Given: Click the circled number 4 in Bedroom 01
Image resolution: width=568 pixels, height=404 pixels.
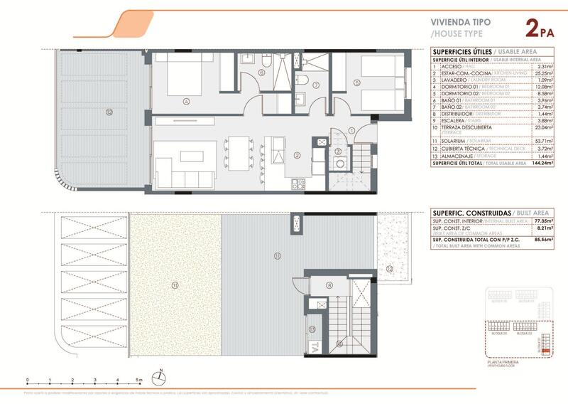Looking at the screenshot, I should pyautogui.click(x=185, y=101).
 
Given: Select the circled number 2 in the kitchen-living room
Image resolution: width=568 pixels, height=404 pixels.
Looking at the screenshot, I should pyautogui.click(x=297, y=154).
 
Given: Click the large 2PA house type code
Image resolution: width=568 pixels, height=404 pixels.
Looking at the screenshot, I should pyautogui.click(x=540, y=29).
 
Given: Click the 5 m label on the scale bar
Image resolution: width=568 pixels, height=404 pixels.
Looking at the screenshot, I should pyautogui.click(x=140, y=381).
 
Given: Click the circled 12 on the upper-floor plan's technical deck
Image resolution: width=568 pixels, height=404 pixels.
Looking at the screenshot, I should pyautogui.click(x=390, y=269).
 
